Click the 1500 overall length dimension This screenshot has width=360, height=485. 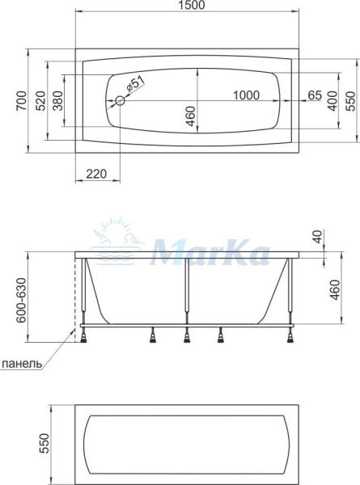click(192, 5)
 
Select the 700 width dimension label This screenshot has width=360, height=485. click(21, 101)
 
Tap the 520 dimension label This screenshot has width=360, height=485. click(40, 101)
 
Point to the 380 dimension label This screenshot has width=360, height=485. click(58, 101)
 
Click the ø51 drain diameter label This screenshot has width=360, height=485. click(135, 85)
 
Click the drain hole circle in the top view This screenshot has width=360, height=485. click(120, 100)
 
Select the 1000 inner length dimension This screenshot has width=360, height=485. click(246, 95)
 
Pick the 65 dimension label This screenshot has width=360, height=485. click(316, 95)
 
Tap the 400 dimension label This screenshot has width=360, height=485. click(332, 101)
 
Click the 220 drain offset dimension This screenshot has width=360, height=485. click(96, 174)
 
